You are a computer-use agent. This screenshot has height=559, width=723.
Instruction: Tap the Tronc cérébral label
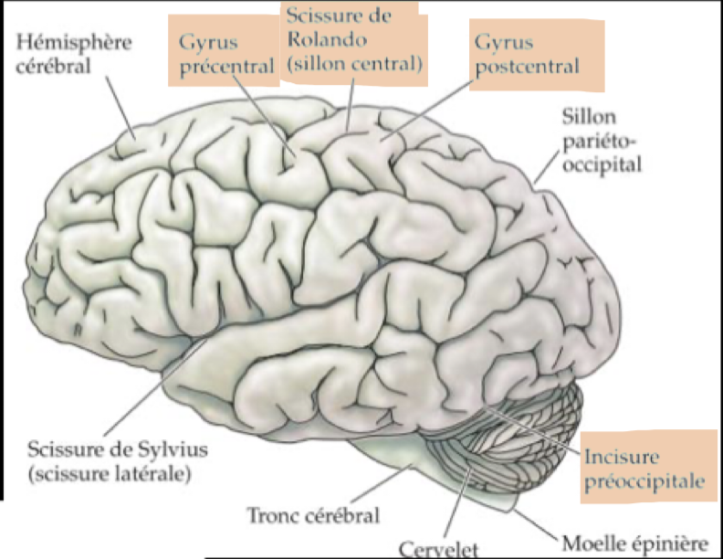tap(312, 515)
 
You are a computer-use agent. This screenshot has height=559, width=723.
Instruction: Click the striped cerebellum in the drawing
tap(511, 438)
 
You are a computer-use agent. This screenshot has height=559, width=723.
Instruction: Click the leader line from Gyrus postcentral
tap(429, 113)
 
